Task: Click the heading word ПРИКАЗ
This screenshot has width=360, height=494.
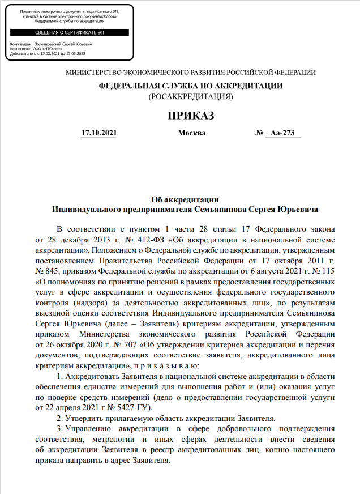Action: click(191, 116)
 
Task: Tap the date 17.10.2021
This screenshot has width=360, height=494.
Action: click(99, 134)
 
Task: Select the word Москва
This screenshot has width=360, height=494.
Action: click(192, 134)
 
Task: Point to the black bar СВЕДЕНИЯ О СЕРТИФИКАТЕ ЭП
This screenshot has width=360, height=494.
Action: click(70, 33)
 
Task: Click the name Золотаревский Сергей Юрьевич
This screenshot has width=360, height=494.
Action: click(59, 44)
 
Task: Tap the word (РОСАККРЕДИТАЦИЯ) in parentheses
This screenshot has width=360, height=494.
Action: click(191, 97)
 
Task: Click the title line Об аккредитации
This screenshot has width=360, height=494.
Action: click(185, 199)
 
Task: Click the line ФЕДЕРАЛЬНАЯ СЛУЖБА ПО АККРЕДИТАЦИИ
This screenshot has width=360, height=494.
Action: click(191, 86)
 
